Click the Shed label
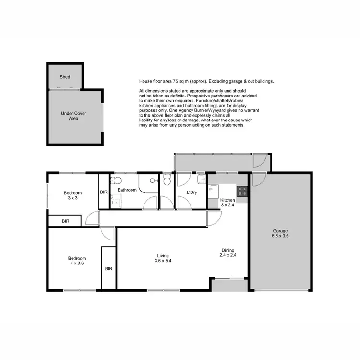point(65,77)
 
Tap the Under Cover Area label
point(70,115)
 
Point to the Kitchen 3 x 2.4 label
point(228,202)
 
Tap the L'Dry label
point(192,192)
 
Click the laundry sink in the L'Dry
point(202,180)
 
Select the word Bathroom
point(127,190)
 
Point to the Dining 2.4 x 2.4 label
point(228,252)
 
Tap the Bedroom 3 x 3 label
point(73,195)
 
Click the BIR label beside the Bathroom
point(104,192)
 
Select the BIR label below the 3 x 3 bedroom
point(65,221)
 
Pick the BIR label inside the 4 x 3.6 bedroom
point(108,268)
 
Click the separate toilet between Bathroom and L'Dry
point(167,180)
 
